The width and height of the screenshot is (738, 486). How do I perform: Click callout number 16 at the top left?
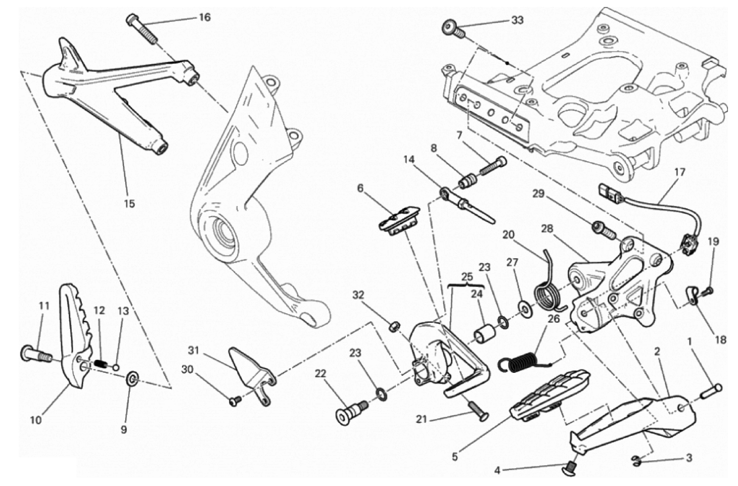click(204, 18)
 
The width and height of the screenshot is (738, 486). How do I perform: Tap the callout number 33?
click(517, 20)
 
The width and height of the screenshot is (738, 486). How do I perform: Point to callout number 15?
click(129, 204)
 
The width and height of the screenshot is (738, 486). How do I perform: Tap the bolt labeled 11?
click(33, 352)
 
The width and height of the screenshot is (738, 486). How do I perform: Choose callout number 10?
click(36, 419)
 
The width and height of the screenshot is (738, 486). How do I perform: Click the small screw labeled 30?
click(235, 401)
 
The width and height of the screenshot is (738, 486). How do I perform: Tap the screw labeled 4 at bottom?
click(570, 468)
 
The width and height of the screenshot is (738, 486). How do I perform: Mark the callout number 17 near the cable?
click(680, 172)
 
